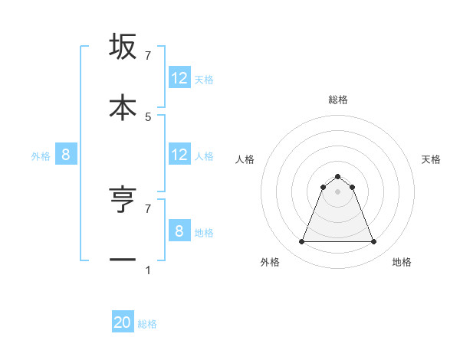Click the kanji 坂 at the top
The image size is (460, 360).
(123, 47)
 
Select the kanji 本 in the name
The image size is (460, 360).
(123, 106)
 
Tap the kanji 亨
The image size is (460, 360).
(123, 199)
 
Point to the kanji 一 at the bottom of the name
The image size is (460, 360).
(123, 260)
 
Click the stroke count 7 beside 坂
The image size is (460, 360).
(148, 56)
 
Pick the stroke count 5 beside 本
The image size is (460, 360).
(148, 116)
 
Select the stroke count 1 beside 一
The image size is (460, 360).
(148, 270)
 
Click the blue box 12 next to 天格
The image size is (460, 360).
(179, 78)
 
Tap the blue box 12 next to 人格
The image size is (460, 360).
(179, 155)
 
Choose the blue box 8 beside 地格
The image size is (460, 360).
(179, 231)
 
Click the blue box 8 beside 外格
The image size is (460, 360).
(66, 155)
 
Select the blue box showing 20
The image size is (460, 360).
(123, 323)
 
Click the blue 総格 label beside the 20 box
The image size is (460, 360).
(147, 324)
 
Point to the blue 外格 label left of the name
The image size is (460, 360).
(41, 156)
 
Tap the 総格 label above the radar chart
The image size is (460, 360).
(338, 100)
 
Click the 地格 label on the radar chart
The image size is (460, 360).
(402, 262)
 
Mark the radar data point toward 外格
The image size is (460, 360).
(301, 242)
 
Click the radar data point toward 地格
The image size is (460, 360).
(374, 242)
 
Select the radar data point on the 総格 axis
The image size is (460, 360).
(337, 176)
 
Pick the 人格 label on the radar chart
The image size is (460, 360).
(245, 159)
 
